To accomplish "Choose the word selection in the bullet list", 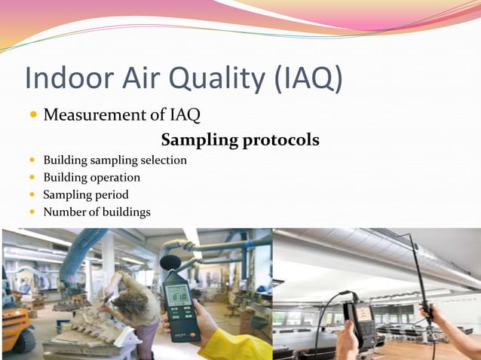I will click(x=161, y=160).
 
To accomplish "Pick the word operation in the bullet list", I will click(x=112, y=178).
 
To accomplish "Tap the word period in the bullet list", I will click(x=112, y=195).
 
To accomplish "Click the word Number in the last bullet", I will click(x=64, y=212).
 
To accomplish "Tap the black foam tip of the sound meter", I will click(x=168, y=262).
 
